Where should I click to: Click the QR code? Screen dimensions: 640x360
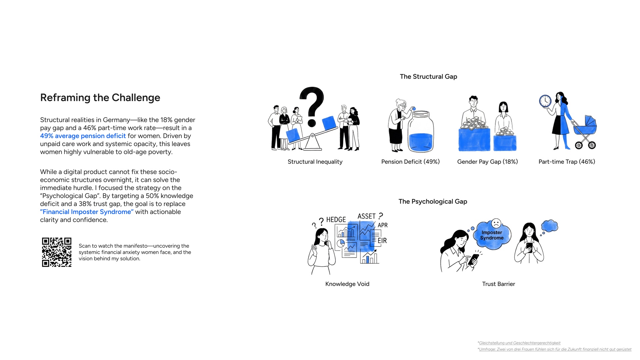click(57, 252)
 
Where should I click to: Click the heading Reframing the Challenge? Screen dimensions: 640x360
click(100, 98)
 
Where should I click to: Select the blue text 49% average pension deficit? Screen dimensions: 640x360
click(83, 136)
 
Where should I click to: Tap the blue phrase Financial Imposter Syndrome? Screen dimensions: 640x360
click(87, 212)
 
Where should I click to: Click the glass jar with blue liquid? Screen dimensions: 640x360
click(421, 132)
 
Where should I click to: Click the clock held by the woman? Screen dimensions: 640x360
click(545, 101)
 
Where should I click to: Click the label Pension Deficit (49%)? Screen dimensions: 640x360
click(410, 162)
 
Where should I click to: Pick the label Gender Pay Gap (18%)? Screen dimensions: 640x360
click(487, 162)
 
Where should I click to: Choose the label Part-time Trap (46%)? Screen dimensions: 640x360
click(567, 162)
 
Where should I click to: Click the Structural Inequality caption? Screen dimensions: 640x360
click(315, 162)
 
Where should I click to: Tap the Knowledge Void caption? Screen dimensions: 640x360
click(347, 284)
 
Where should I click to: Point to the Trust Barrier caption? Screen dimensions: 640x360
click(499, 284)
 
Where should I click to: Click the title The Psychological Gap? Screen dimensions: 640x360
click(433, 202)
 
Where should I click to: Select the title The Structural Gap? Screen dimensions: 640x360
click(428, 77)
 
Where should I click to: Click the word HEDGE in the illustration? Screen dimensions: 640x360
click(336, 220)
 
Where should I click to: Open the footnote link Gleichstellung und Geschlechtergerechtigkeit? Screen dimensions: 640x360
click(520, 343)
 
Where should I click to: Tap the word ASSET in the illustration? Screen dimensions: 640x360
click(367, 216)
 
